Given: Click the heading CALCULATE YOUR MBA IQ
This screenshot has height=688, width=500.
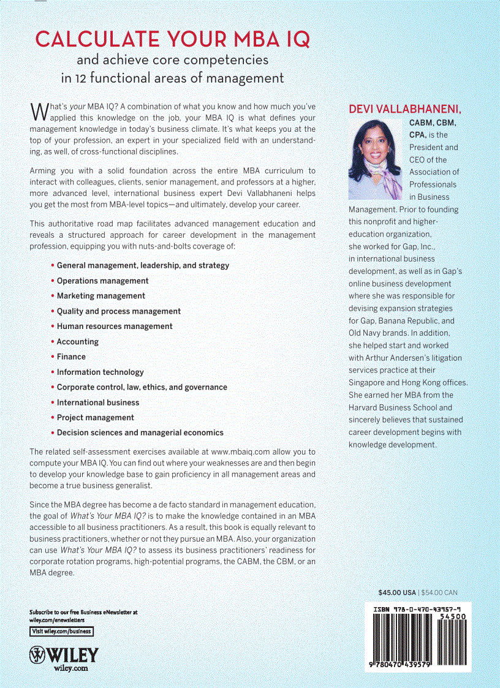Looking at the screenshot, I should click(x=172, y=39).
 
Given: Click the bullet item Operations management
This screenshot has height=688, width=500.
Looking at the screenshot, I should click(x=102, y=281).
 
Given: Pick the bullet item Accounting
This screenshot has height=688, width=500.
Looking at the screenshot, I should click(x=77, y=341).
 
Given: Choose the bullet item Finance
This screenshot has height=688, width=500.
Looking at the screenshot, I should click(x=71, y=357).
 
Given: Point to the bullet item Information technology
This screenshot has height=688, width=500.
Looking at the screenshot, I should click(x=100, y=372).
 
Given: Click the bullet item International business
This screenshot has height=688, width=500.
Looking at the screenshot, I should click(x=98, y=403).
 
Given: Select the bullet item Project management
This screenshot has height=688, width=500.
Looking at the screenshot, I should click(x=95, y=417).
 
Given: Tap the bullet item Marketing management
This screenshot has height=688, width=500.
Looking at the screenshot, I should click(x=100, y=296).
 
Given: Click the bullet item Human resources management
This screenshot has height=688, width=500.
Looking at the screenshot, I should click(x=115, y=326).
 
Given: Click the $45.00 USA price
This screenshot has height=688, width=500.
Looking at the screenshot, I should click(x=396, y=592).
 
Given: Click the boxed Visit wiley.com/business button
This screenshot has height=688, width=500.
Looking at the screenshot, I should click(x=61, y=631).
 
